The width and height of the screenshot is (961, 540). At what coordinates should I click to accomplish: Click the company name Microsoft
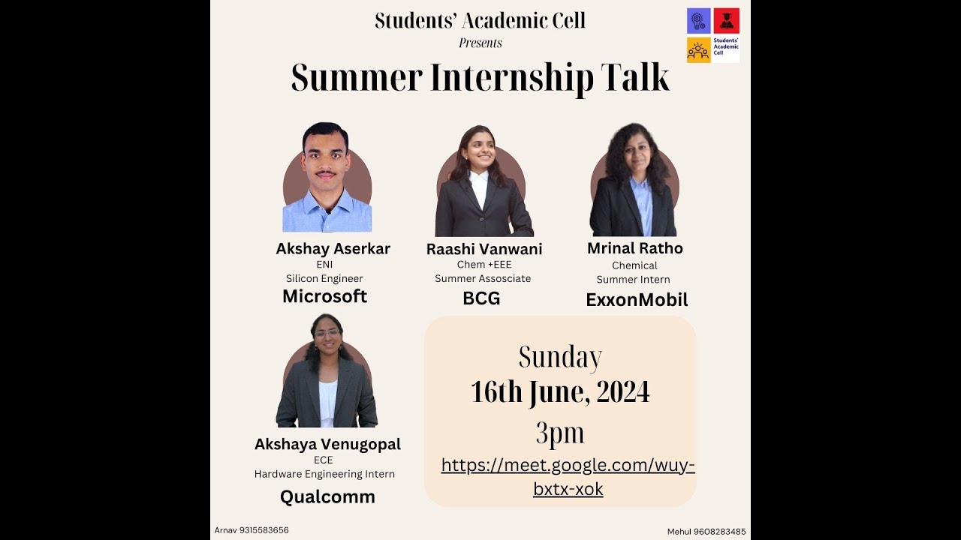click(324, 296)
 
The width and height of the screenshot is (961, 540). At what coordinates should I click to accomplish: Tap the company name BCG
click(481, 298)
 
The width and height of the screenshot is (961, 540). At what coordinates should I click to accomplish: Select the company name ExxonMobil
click(637, 301)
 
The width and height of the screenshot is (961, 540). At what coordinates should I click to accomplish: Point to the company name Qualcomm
click(327, 496)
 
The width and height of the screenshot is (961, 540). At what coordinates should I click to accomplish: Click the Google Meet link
click(568, 477)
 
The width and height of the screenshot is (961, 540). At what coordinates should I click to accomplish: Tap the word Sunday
click(560, 358)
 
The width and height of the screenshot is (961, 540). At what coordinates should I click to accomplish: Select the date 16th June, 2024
click(560, 392)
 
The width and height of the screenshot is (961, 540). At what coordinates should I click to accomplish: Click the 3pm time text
click(560, 433)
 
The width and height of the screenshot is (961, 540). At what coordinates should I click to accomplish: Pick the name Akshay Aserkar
click(333, 249)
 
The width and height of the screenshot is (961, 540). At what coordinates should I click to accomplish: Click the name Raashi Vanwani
click(484, 249)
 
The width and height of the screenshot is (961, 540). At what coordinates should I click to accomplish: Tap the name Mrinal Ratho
click(635, 248)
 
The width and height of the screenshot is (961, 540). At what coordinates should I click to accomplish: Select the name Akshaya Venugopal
click(327, 444)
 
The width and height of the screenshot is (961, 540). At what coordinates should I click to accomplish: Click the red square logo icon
click(726, 20)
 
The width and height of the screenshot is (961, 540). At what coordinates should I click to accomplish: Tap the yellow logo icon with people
click(698, 50)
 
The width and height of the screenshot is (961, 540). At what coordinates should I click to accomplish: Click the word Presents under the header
click(480, 43)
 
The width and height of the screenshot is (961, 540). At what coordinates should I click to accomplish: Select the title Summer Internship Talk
click(480, 78)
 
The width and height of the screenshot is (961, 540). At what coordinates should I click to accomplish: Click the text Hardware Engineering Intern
click(324, 474)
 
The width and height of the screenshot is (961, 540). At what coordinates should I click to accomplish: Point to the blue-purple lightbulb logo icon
click(698, 20)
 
